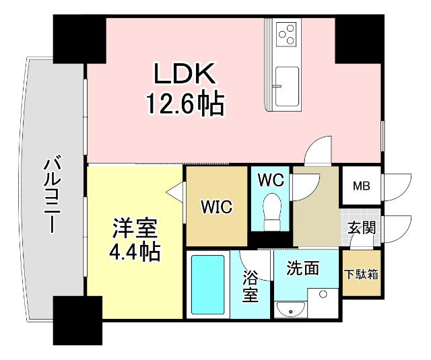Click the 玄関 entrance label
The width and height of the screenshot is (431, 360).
pyautogui.click(x=361, y=228)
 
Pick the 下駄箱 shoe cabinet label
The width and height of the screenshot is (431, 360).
pyautogui.click(x=361, y=275)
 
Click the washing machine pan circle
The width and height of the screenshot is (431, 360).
pyautogui.click(x=323, y=295)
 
